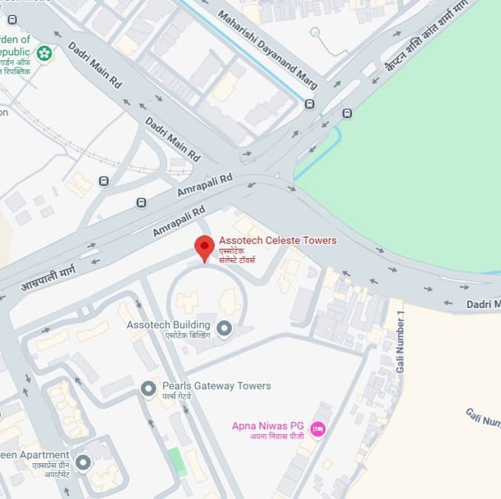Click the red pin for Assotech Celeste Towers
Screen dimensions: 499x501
point(205,246)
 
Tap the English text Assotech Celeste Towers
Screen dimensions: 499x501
point(278,240)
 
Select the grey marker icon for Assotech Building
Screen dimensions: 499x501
point(224,329)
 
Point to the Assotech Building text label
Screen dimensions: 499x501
point(168,324)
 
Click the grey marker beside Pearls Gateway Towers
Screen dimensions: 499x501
point(148,389)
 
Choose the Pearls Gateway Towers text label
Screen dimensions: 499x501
point(216,386)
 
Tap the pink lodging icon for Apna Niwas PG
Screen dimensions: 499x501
point(317,428)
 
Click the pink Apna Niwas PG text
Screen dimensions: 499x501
point(268,425)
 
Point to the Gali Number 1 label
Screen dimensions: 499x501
point(401,342)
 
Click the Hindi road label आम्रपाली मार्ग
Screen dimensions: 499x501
point(49,278)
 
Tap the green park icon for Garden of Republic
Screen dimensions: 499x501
point(44,53)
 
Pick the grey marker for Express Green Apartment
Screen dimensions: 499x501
point(82,462)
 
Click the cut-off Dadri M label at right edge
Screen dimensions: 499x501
point(483,304)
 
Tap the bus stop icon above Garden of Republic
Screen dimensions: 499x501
point(12,20)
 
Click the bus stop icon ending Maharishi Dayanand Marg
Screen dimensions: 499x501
point(309,104)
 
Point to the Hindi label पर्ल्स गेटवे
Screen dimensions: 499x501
point(177,396)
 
